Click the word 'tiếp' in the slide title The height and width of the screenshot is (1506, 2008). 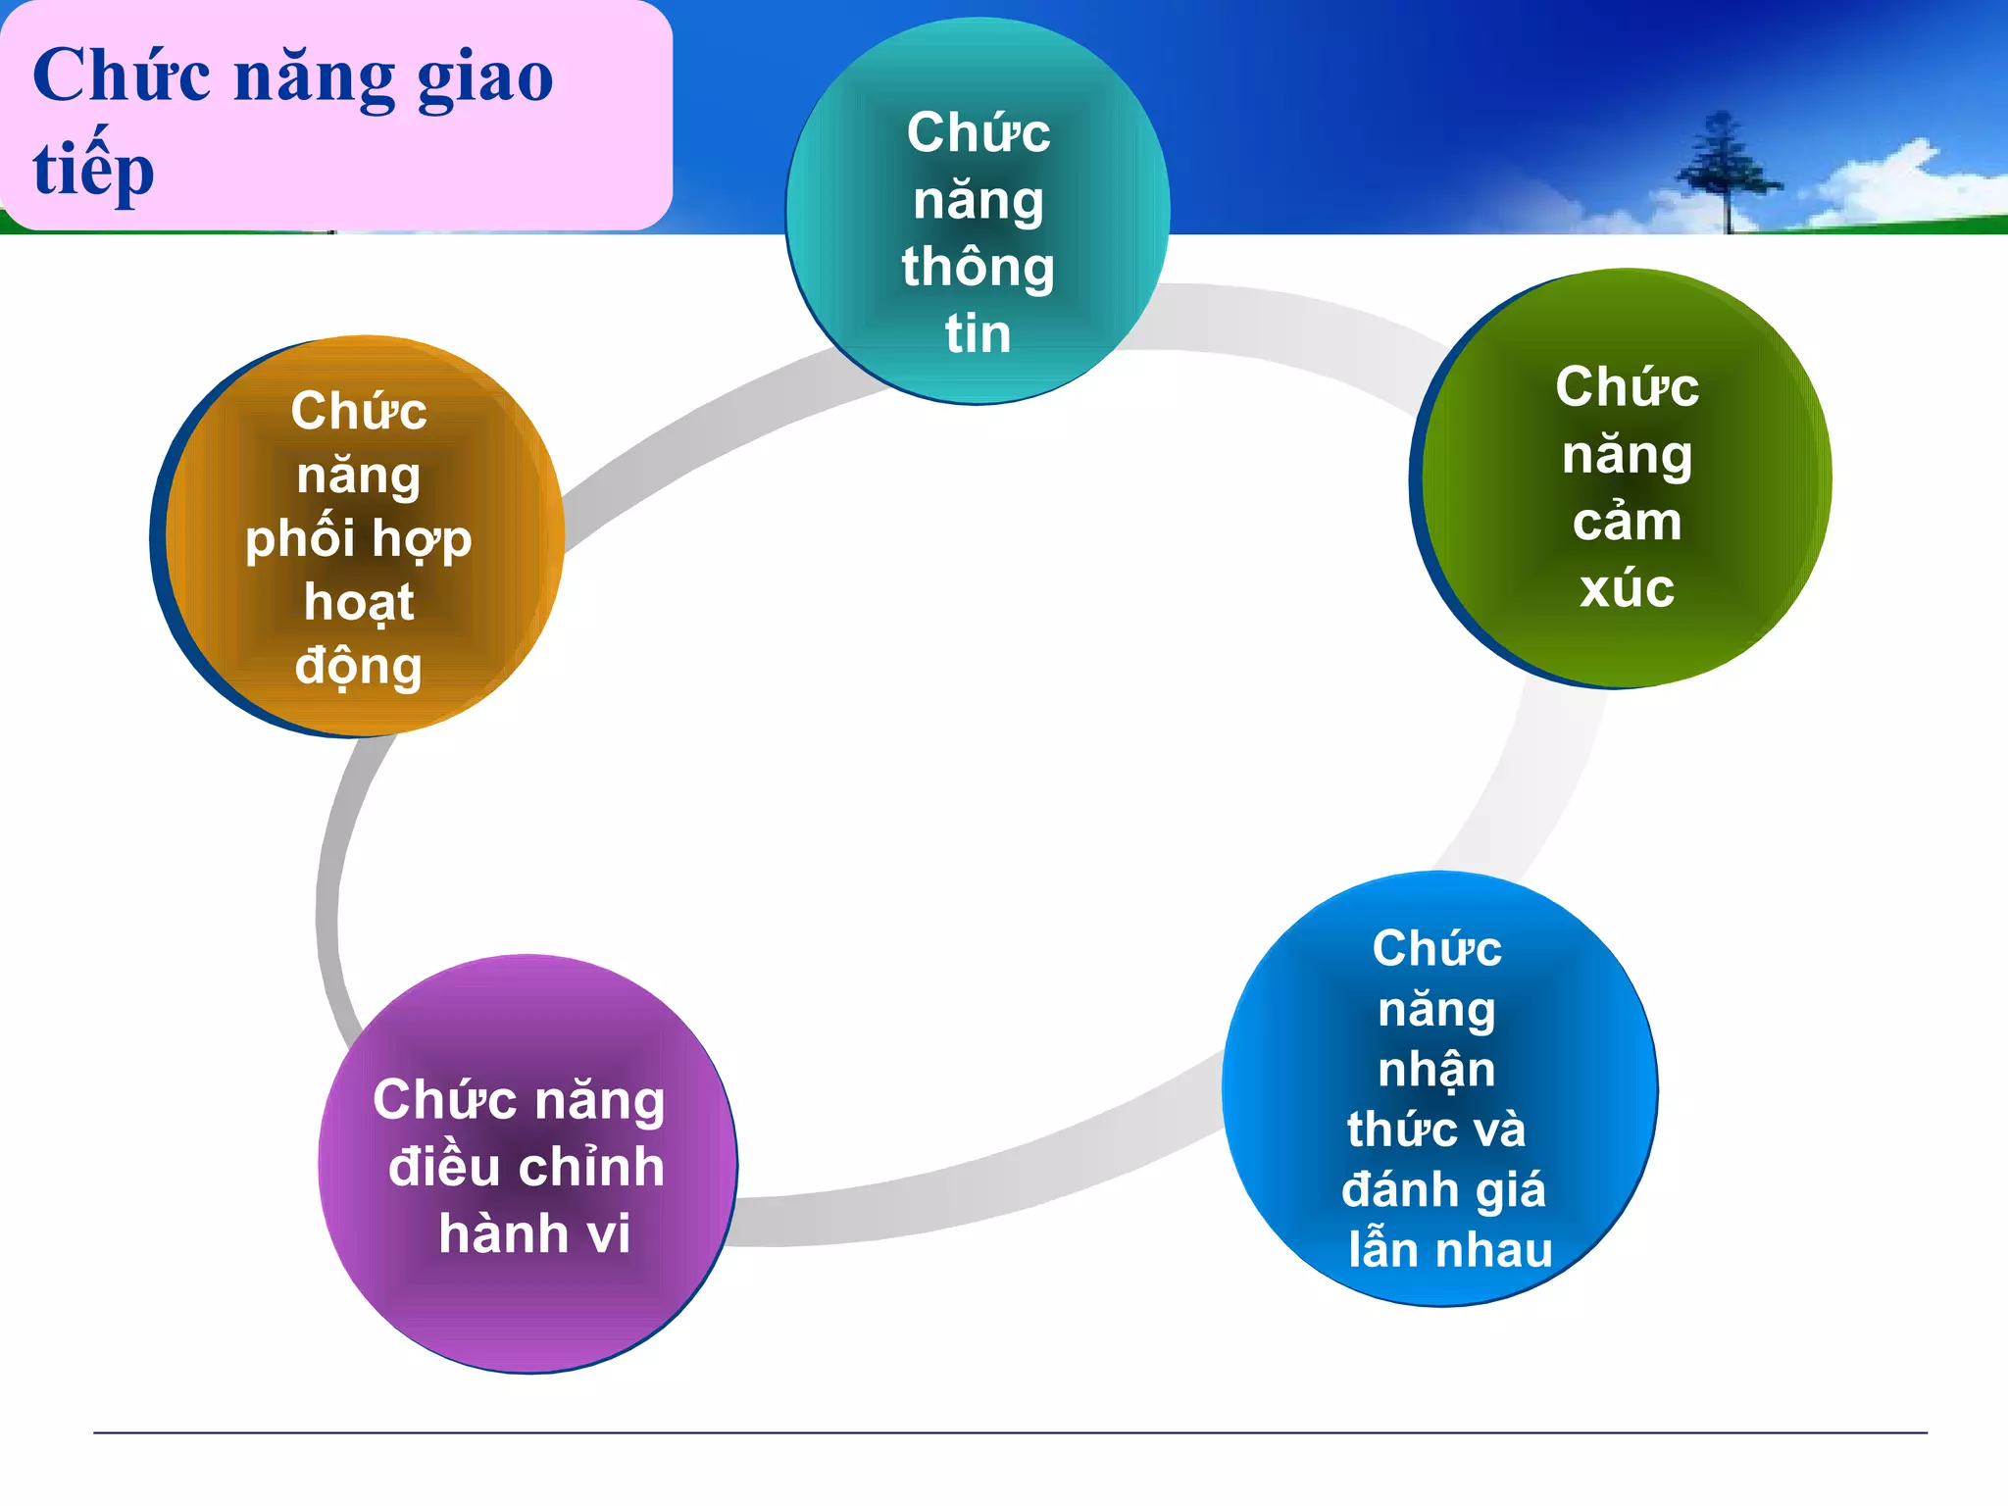[93, 169]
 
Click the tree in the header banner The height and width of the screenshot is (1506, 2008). [1726, 172]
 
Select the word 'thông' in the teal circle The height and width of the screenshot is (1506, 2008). [978, 268]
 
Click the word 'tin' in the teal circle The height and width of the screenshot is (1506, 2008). [978, 333]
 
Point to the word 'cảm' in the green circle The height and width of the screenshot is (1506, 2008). [1627, 522]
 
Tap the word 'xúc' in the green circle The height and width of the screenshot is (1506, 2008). [1627, 588]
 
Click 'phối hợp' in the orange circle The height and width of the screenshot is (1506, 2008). [359, 540]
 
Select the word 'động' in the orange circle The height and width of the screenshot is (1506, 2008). [359, 667]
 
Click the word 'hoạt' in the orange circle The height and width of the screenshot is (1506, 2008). [359, 602]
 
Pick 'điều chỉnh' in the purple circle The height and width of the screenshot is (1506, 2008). [527, 1167]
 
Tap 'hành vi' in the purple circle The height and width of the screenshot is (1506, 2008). [534, 1233]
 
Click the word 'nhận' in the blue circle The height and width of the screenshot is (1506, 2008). [1436, 1069]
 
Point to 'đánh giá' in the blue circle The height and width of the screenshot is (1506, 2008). [1443, 1189]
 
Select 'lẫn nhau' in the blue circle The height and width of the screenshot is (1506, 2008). [1450, 1250]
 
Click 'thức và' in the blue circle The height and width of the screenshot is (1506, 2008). [1436, 1129]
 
